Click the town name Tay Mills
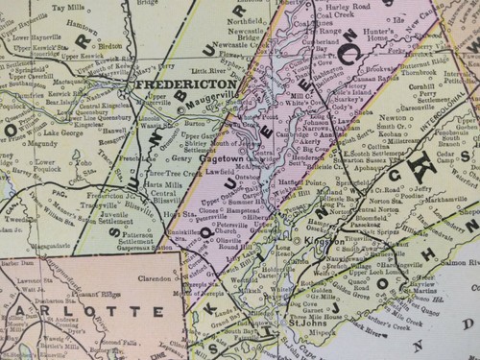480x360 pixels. [x=68, y=7]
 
